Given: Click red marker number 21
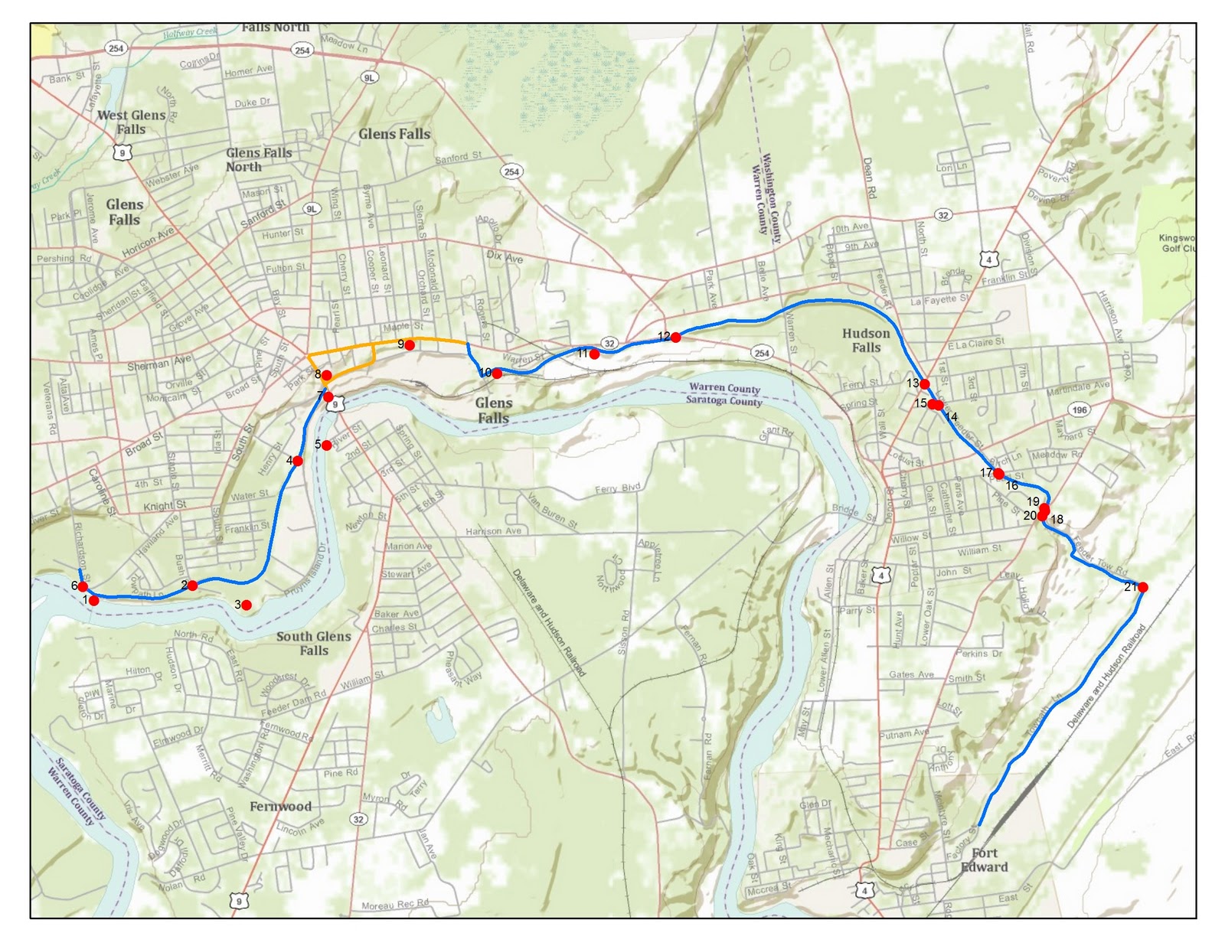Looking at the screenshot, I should click(1142, 587).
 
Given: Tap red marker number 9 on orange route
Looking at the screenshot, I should click(410, 345).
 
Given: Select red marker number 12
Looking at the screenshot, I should click(675, 337).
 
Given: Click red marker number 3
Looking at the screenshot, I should click(247, 605).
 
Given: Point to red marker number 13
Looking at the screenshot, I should click(924, 383).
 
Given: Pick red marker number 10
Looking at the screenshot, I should click(497, 374).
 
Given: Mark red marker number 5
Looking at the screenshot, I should click(327, 445).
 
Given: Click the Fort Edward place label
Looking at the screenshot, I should click(984, 860).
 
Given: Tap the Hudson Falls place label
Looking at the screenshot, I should click(866, 341).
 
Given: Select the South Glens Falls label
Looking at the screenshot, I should click(314, 643).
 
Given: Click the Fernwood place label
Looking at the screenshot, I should click(280, 806).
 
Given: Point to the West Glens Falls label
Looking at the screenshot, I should click(132, 122).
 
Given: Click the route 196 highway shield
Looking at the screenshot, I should click(1080, 409).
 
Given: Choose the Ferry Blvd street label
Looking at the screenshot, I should click(617, 488).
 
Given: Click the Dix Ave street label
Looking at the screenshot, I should click(505, 257).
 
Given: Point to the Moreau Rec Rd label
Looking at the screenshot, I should click(394, 905).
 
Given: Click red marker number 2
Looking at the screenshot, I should click(192, 586).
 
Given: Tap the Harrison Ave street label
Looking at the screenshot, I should click(493, 531).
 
